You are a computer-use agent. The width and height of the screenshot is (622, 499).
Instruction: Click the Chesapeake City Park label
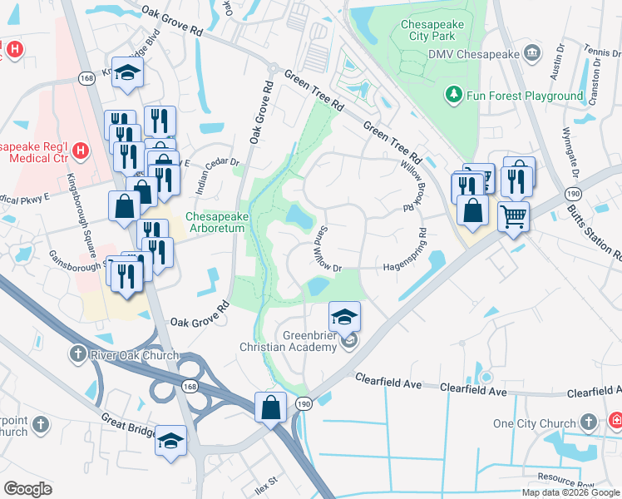tap(438, 32)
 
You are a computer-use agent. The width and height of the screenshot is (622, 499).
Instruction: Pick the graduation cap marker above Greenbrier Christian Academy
tap(345, 316)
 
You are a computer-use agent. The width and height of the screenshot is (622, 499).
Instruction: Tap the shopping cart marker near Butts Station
tap(514, 217)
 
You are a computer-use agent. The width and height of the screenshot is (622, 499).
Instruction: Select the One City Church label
tap(534, 423)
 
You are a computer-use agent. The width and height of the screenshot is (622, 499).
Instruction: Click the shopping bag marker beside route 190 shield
tap(270, 408)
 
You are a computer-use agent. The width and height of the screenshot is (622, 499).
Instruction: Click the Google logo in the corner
tap(28, 489)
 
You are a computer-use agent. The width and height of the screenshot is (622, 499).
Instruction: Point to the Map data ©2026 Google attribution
tap(570, 492)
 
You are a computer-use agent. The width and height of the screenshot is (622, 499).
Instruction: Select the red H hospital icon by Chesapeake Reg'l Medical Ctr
tap(80, 151)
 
